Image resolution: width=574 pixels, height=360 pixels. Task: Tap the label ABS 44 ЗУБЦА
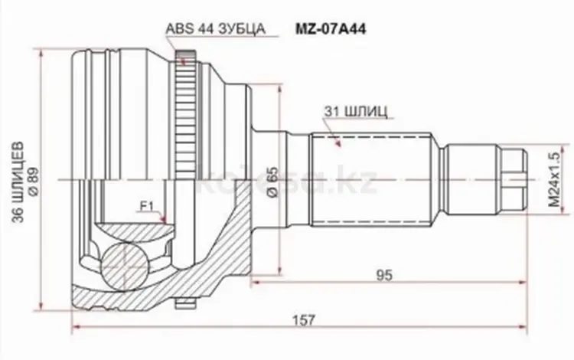(x=215, y=30)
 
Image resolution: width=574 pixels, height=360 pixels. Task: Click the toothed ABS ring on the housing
(x=181, y=107)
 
